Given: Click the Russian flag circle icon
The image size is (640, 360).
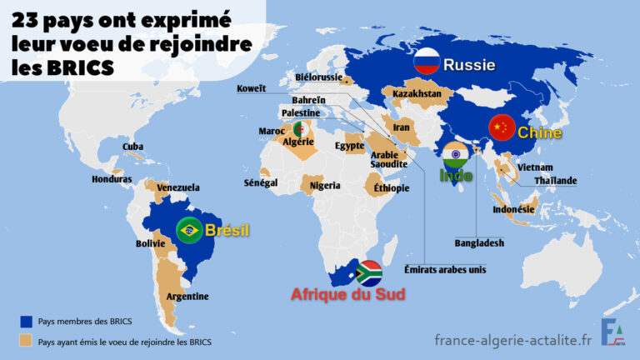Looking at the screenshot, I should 427,61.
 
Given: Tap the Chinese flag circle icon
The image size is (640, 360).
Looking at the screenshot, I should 500,127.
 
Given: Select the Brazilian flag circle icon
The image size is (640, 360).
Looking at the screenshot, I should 188,229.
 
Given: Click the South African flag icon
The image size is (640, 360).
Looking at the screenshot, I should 369,272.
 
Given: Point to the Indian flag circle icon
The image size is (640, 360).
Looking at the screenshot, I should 455,155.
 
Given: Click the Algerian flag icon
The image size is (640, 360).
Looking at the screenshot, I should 297,129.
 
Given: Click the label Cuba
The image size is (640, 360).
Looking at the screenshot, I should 133,147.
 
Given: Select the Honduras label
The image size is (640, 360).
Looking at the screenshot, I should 112,179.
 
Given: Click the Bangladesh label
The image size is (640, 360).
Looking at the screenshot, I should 479,243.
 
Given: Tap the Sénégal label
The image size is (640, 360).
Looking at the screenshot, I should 261,182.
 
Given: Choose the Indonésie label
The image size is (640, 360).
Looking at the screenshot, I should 514,210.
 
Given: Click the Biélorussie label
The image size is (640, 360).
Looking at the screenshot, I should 318,77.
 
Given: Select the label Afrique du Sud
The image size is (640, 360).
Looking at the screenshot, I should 338,293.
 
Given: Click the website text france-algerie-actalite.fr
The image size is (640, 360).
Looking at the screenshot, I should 513,338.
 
